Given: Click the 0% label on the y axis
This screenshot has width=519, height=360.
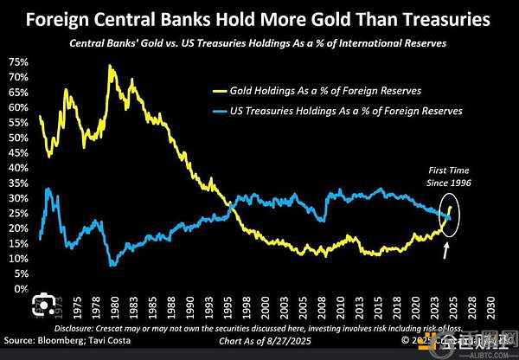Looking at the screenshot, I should (x=19, y=289).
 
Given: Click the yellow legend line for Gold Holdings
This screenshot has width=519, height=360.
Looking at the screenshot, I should (x=225, y=88).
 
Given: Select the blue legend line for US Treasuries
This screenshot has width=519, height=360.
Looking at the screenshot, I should (x=225, y=111).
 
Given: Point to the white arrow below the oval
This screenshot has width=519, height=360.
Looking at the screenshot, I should (x=446, y=251).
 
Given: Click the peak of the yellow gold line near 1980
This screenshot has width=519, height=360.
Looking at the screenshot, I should (x=110, y=66).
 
